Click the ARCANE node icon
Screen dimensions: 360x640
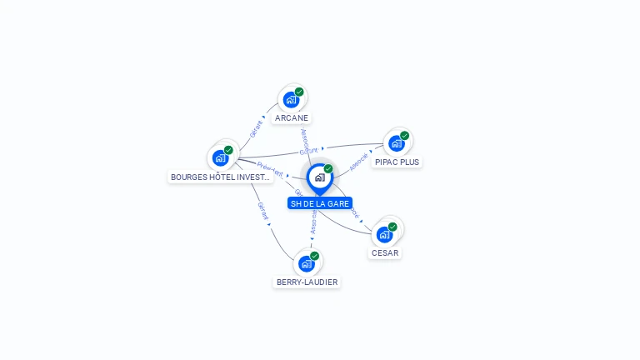(291, 100)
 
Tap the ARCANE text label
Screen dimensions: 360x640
(292, 118)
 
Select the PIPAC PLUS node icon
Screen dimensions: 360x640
(397, 143)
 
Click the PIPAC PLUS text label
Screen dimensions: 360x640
(397, 162)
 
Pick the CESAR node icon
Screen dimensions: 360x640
(385, 234)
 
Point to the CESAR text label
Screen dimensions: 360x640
(385, 253)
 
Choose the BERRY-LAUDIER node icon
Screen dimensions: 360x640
(307, 263)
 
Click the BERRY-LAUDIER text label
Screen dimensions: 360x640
(307, 282)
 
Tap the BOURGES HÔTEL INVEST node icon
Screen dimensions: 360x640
(221, 157)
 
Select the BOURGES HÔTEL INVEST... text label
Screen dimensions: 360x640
(220, 177)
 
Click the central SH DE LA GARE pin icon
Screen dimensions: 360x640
(319, 177)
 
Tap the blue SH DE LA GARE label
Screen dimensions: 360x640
(320, 203)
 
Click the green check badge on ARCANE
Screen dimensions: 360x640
(299, 92)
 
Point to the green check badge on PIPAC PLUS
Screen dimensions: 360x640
(404, 136)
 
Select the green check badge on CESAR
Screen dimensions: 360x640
(392, 227)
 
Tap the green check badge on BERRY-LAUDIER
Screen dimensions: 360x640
(314, 256)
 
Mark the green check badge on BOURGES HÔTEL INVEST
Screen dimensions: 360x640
(228, 150)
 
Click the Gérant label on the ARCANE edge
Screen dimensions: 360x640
(256, 128)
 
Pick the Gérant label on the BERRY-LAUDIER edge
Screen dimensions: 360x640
(262, 211)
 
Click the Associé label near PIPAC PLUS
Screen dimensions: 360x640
(358, 161)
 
